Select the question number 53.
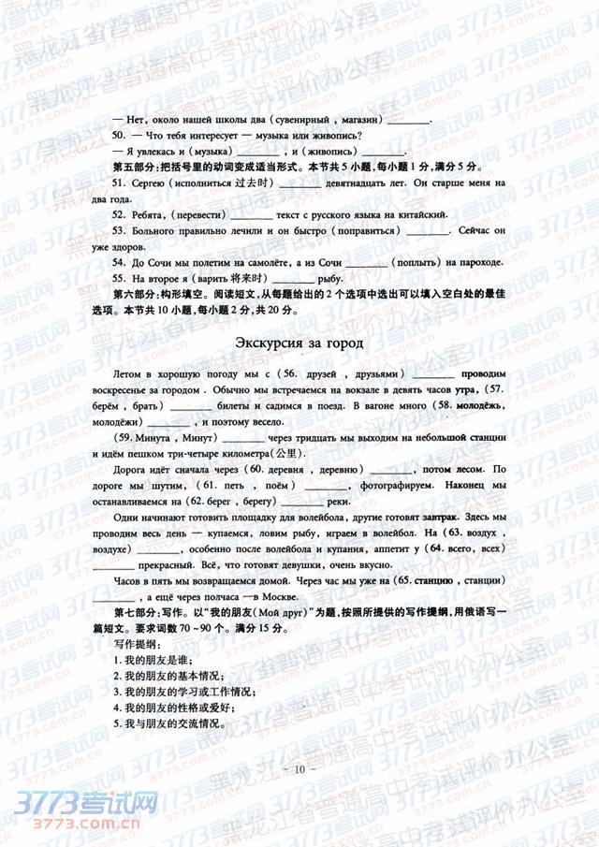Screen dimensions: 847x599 (x=118, y=229)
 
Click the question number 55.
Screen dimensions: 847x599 (x=118, y=279)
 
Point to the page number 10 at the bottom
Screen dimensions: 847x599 (x=299, y=768)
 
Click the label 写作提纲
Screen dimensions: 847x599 (x=139, y=645)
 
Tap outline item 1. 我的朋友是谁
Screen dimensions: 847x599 (x=154, y=661)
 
